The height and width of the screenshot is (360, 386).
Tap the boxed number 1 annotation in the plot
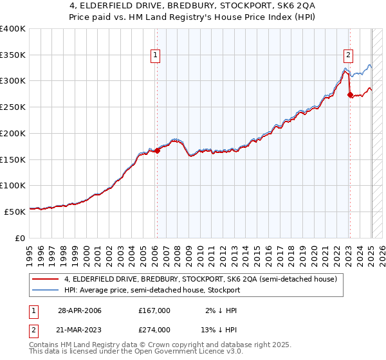pyautogui.click(x=156, y=56)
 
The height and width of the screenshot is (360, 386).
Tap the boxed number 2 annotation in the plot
pyautogui.click(x=348, y=56)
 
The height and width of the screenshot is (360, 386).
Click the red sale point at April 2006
pyautogui.click(x=157, y=151)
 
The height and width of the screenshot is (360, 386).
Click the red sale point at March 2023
pyautogui.click(x=350, y=95)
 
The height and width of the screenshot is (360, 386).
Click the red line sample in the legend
pyautogui.click(x=46, y=279)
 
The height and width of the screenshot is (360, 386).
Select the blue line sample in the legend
pyautogui.click(x=46, y=291)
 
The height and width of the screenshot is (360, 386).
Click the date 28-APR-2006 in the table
pyautogui.click(x=80, y=310)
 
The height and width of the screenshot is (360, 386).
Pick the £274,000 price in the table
pyautogui.click(x=154, y=330)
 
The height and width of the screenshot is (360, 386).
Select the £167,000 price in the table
pyautogui.click(x=154, y=310)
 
